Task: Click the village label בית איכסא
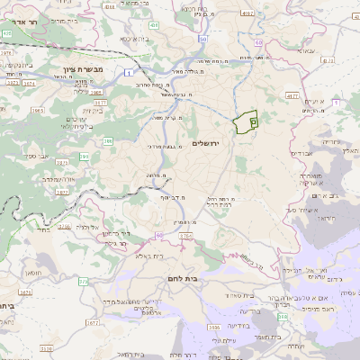coord(130,39)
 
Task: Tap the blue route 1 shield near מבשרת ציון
coord(130,71)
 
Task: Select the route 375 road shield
coord(83,282)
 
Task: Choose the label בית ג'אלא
coord(148,256)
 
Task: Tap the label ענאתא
coord(305,50)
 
